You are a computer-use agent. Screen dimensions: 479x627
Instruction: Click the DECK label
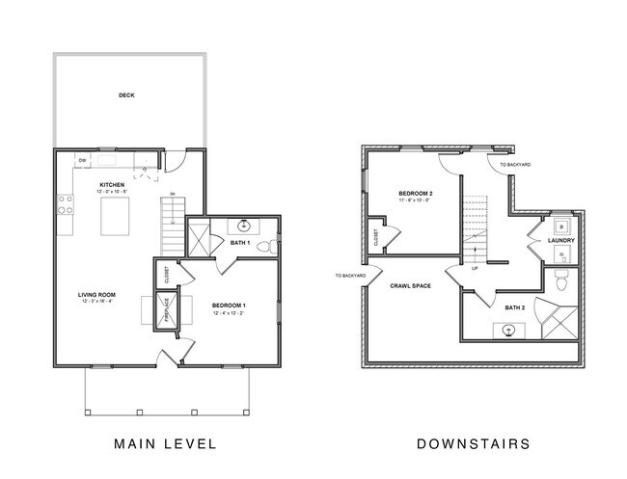(126, 95)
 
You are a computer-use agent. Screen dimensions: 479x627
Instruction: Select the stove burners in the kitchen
(67, 203)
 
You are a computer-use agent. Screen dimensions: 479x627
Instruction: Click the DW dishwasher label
(83, 159)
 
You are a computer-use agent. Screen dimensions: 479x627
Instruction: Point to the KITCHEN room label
(114, 184)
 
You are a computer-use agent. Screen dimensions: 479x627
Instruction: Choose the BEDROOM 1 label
(229, 306)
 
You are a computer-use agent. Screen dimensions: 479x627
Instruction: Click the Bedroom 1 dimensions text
(229, 313)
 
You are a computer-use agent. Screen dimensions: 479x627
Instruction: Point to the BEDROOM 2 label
(416, 194)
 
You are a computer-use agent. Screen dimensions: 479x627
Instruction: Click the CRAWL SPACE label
(410, 286)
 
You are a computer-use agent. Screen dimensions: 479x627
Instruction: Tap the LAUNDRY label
(560, 240)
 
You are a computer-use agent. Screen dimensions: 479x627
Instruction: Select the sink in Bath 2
(509, 330)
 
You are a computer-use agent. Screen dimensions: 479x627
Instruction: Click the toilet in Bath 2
(561, 283)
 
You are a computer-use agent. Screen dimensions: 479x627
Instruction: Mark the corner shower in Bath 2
(559, 317)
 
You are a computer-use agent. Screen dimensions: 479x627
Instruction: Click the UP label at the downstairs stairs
(474, 268)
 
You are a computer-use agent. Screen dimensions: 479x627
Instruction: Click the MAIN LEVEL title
(164, 444)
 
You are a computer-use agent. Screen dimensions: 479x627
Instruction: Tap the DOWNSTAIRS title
(473, 444)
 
